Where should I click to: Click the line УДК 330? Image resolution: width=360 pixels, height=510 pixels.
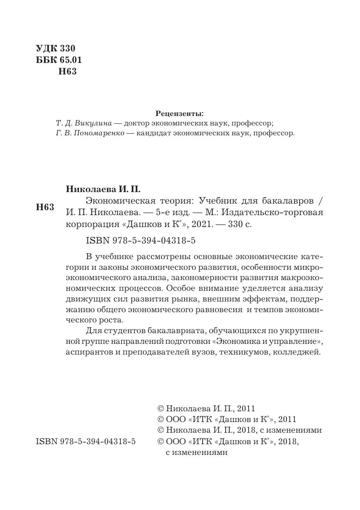click(55, 49)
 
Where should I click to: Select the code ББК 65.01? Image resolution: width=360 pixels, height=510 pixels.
click(59, 60)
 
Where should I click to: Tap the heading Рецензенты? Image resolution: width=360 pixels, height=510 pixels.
click(180, 113)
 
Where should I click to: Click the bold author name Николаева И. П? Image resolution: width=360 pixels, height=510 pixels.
click(103, 189)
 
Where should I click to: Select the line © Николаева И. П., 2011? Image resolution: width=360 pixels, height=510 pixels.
click(206, 409)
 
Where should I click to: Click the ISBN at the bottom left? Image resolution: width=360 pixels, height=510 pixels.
click(86, 441)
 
